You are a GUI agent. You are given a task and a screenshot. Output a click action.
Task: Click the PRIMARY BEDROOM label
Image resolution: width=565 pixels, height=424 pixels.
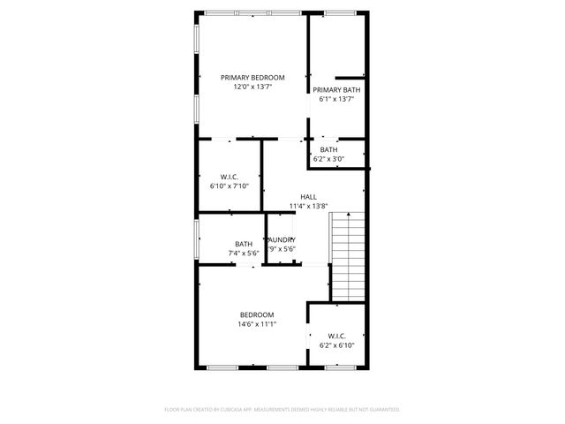pos(252,78)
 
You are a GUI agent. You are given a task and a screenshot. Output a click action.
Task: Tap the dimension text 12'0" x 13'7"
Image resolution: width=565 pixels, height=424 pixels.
pos(252,87)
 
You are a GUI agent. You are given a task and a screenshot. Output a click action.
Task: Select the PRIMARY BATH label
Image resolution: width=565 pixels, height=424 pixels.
pos(335,90)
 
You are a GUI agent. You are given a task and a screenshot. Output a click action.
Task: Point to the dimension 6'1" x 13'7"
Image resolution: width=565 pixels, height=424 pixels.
pos(335,100)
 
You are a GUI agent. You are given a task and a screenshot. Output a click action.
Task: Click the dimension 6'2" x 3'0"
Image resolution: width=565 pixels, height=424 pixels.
pos(328,159)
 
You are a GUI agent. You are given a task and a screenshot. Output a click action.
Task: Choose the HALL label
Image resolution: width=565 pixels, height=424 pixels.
pos(308,197)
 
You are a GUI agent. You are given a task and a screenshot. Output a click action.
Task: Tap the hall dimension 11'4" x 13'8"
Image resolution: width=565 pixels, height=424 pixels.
pos(308,207)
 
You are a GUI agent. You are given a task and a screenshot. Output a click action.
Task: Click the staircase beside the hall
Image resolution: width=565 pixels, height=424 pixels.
pos(348,256)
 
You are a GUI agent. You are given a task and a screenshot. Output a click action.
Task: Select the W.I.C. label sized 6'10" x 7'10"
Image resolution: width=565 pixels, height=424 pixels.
pos(230,177)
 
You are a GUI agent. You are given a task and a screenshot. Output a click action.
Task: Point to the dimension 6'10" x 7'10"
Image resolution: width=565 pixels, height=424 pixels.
pos(230,186)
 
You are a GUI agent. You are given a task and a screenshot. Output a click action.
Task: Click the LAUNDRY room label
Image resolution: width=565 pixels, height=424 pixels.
pos(282,240)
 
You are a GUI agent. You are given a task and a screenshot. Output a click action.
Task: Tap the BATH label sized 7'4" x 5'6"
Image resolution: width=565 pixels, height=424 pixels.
pos(243,245)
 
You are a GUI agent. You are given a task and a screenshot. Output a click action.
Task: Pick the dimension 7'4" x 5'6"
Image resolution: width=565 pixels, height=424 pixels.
pos(243,254)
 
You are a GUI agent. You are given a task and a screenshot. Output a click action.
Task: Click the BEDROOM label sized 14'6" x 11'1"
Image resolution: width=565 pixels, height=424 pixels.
pos(257,314)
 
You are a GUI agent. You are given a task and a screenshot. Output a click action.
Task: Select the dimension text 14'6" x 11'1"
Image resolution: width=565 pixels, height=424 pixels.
pos(257,324)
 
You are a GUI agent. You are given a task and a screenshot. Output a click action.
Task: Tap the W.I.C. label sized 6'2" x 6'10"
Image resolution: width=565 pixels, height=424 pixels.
pos(336,336)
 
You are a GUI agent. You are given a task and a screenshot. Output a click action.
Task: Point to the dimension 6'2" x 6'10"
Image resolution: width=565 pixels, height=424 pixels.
pos(336,345)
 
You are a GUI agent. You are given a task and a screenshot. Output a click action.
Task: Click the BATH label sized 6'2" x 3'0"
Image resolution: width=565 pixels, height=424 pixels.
pos(328,149)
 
